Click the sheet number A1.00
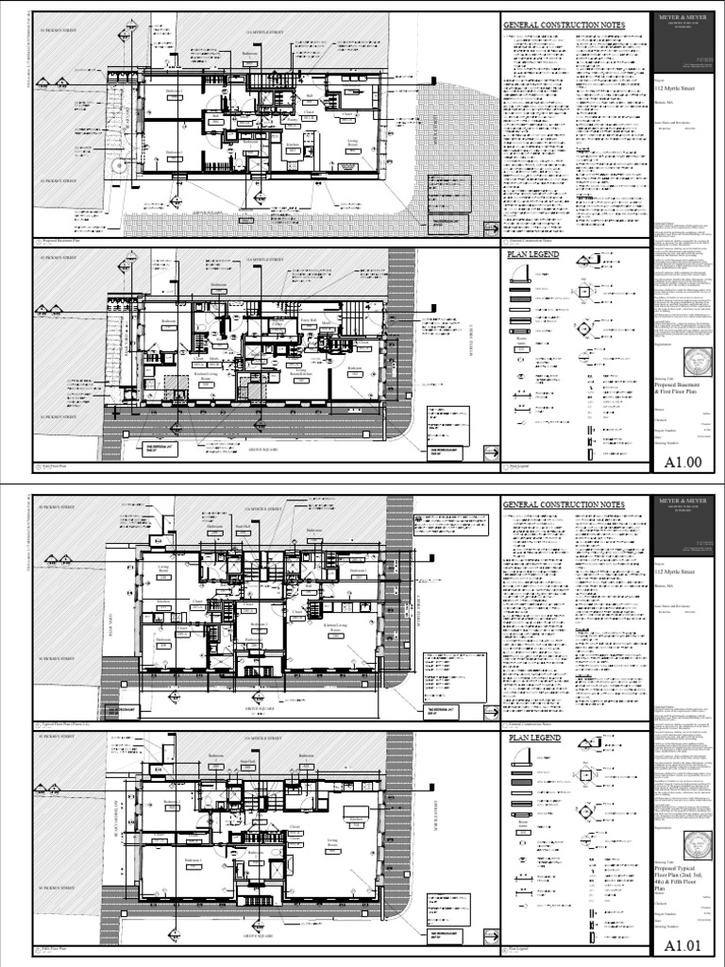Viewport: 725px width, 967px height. pos(684,463)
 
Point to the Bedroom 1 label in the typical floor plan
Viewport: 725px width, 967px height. pos(356,571)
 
